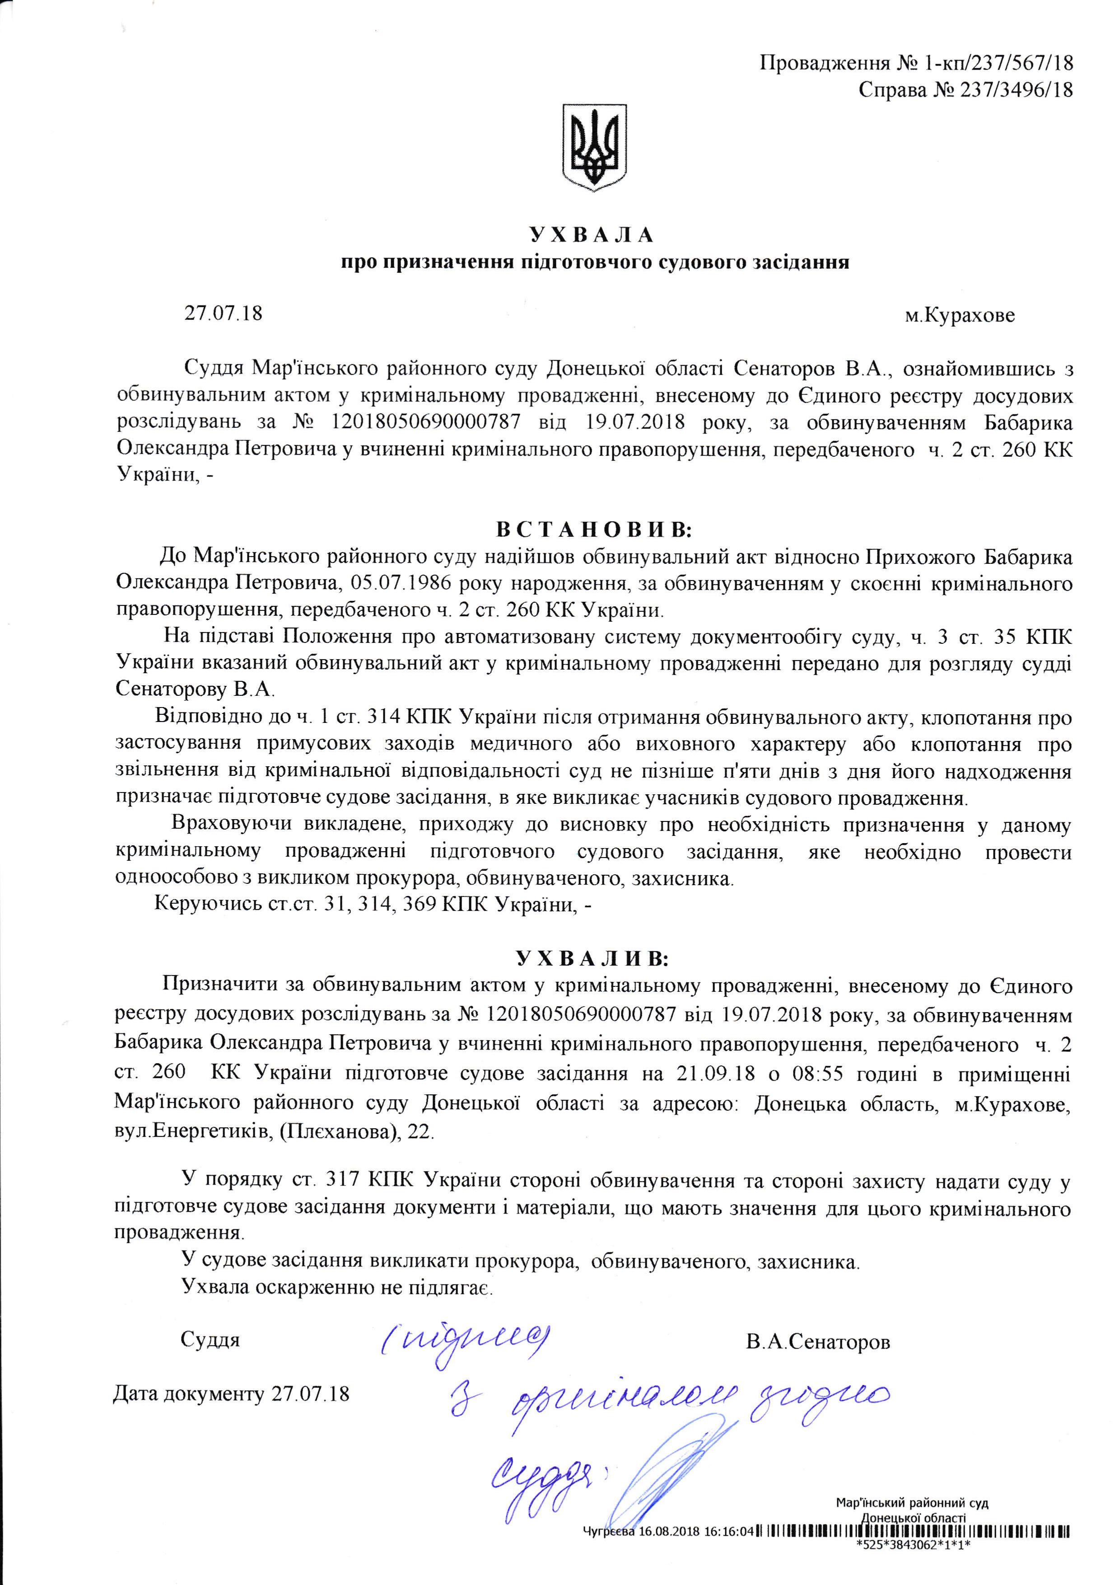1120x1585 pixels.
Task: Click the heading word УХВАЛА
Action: [x=592, y=235]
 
